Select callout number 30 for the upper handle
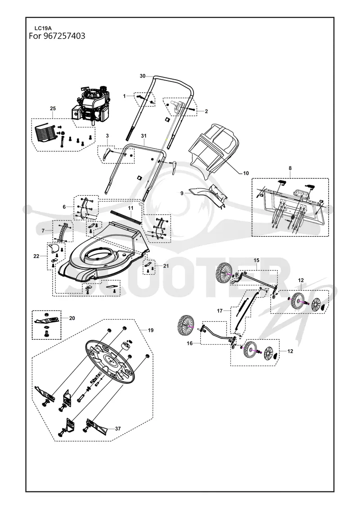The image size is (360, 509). click(x=143, y=76)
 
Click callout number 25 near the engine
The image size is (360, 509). click(x=53, y=108)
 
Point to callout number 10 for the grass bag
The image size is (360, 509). click(x=246, y=173)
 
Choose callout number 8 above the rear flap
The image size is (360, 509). click(x=290, y=168)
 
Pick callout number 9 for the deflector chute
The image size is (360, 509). click(x=182, y=193)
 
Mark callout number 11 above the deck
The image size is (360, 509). click(x=130, y=207)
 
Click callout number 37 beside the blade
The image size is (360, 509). click(x=118, y=428)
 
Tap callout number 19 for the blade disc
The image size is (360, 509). click(x=151, y=330)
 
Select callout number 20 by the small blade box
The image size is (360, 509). click(x=72, y=318)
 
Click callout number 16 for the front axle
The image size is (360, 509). click(x=189, y=343)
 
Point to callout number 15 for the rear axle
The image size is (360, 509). click(x=256, y=260)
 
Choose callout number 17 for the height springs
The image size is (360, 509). click(x=220, y=311)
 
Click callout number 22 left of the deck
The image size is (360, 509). click(x=36, y=256)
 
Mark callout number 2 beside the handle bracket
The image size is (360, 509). click(x=206, y=111)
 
